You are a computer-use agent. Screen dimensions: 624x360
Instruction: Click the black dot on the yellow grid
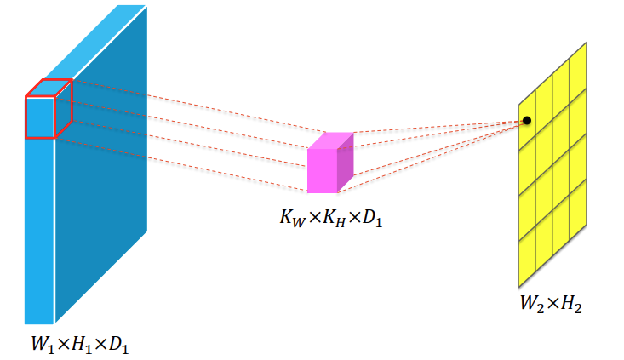[527, 120]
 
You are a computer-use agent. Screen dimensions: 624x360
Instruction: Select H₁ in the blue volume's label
[82, 345]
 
